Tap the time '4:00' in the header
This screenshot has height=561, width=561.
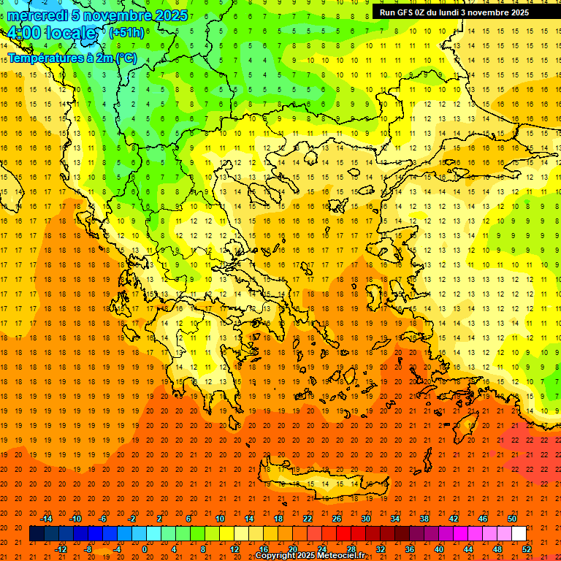click(x=26, y=34)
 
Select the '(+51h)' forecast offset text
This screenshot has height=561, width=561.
click(x=126, y=33)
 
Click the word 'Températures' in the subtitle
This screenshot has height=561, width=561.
click(x=41, y=57)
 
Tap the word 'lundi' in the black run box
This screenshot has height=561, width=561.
click(x=453, y=12)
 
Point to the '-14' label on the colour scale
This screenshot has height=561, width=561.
click(x=46, y=519)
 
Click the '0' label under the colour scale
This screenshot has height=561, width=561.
click(x=144, y=549)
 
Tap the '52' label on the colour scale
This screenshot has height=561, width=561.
click(x=527, y=549)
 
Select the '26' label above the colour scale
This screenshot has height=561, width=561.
click(x=337, y=519)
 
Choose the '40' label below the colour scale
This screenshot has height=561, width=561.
click(x=439, y=549)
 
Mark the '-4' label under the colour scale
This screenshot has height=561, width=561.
click(x=116, y=549)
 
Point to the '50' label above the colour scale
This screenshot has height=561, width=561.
click(x=512, y=519)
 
